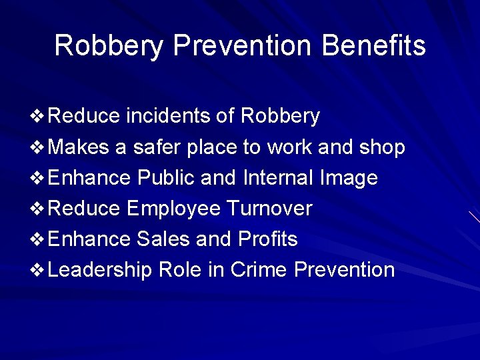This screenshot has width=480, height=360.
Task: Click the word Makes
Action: tap(79, 147)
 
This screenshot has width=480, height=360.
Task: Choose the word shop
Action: tap(381, 147)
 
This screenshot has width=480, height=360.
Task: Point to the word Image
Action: tap(349, 178)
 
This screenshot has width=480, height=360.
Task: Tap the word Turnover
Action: tap(269, 209)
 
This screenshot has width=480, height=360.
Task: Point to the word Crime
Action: tap(259, 269)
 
